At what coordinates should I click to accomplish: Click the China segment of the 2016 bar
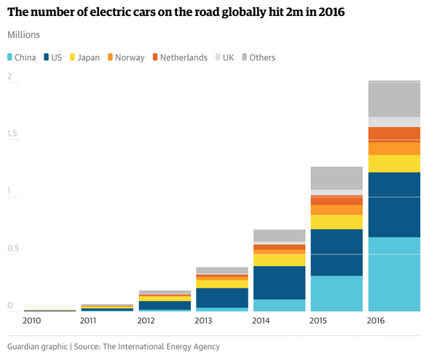394,274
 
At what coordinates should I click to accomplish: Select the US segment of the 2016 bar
394,205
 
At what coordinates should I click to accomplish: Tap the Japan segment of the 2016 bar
394,163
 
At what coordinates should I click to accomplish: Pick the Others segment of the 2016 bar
394,100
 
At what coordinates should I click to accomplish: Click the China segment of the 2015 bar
336,293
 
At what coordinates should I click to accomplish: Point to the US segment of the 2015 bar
336,252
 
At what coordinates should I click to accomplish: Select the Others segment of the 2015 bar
336,178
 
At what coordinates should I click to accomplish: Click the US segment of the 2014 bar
279,283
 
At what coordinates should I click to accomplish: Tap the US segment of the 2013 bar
221,297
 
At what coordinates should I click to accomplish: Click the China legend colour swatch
9,58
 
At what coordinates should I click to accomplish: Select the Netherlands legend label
184,58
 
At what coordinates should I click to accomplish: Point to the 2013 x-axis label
204,321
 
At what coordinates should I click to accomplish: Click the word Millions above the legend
24,35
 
